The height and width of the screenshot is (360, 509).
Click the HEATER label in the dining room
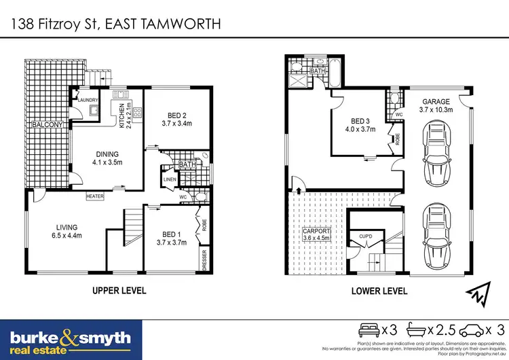coord(94,196)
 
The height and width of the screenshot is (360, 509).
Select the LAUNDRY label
coord(88,101)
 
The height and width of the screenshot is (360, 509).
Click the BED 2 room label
coord(176,120)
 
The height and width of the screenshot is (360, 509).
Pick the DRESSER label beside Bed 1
coord(204,261)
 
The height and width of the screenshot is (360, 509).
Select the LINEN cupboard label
coord(169,179)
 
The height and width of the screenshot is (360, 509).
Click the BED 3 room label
coord(359,124)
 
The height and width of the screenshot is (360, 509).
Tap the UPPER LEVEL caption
coord(119,291)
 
